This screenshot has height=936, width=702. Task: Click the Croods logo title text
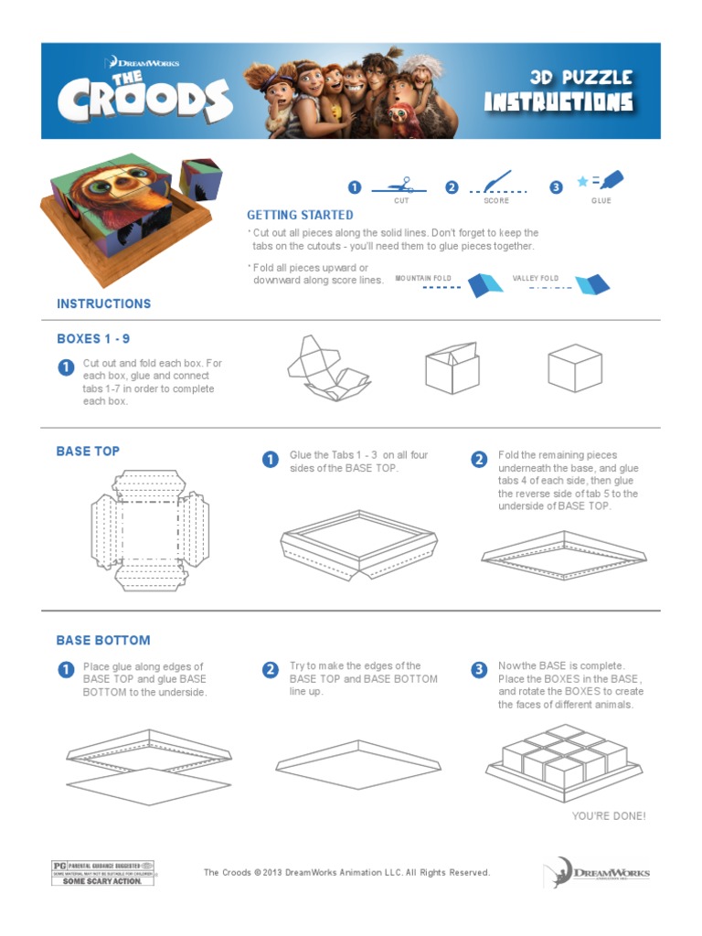click(x=144, y=96)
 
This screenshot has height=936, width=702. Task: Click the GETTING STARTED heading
click(x=300, y=215)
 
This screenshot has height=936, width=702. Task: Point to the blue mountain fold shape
click(x=485, y=284)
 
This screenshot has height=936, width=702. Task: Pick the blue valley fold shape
click(x=591, y=284)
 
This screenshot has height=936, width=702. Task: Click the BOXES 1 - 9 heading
click(x=93, y=339)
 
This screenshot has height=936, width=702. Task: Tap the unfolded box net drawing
click(x=329, y=369)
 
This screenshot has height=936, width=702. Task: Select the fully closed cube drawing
click(x=574, y=368)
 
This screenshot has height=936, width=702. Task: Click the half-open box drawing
click(x=452, y=367)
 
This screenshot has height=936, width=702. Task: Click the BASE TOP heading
click(x=88, y=452)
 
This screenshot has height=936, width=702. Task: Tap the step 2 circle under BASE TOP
click(x=478, y=459)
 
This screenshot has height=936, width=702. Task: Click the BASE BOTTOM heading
click(x=103, y=641)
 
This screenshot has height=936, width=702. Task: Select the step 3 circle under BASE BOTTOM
click(x=478, y=670)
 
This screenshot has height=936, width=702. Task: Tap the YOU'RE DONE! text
click(x=608, y=815)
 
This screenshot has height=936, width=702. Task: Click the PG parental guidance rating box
click(x=102, y=873)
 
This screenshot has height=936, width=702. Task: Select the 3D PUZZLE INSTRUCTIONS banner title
click(x=558, y=90)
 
